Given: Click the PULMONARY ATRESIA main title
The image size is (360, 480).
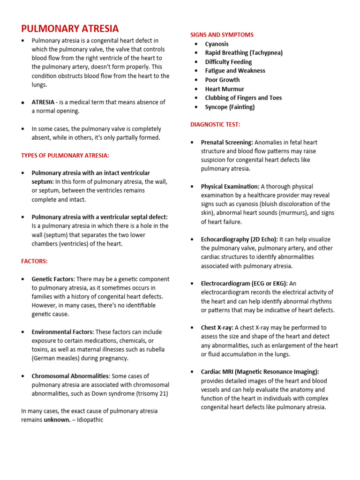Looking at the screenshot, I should click(70, 29).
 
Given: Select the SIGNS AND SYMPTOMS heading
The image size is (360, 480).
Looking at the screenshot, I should click(222, 35).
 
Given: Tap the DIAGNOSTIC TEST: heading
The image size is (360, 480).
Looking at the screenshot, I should click(215, 124).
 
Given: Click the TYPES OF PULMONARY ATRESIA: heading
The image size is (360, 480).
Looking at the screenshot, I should click(65, 155).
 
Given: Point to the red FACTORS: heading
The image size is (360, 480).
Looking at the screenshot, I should click(34, 261).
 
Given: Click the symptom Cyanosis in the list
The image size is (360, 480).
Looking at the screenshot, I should click(217, 44).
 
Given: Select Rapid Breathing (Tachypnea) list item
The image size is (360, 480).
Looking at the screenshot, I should click(244, 53).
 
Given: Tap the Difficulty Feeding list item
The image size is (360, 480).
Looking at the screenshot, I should click(228, 62).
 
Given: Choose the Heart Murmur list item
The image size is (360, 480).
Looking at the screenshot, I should click(225, 89).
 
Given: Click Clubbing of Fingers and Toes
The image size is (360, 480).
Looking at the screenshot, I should click(243, 97).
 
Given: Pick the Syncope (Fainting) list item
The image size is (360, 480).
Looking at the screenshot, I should click(230, 107).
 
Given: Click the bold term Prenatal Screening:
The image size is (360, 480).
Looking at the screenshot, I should click(227, 142).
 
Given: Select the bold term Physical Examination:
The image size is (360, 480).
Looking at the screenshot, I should click(230, 187).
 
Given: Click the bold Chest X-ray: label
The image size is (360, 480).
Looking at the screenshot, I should click(217, 328).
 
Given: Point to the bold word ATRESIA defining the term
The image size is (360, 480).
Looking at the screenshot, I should click(43, 102).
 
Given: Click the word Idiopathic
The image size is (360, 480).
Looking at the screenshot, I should click(89, 420).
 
